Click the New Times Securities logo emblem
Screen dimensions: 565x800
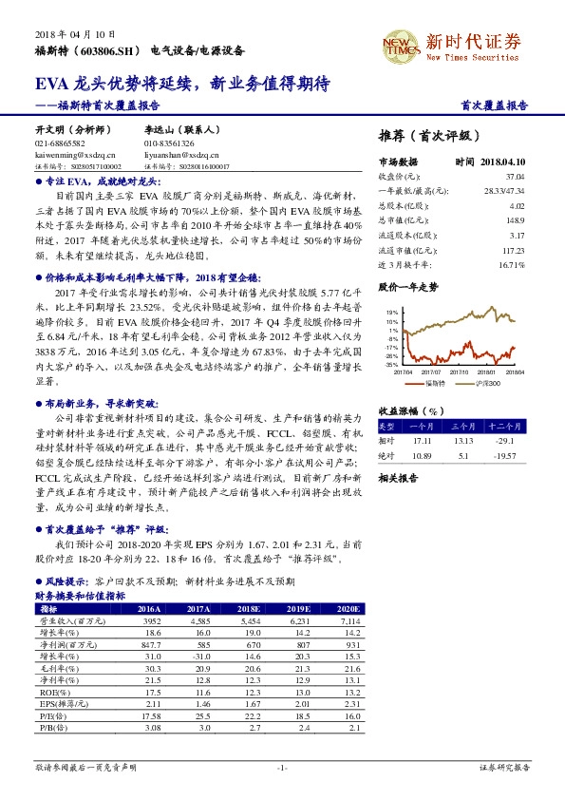(399, 43)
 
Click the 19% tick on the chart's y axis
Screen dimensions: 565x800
(391, 312)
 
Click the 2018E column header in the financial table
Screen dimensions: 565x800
(248, 609)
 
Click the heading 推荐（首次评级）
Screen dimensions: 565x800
(423, 136)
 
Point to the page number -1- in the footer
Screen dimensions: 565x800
(282, 766)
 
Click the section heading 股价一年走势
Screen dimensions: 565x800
(408, 285)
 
